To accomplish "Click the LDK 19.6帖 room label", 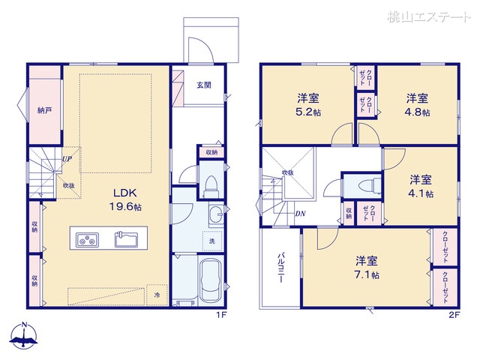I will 124,199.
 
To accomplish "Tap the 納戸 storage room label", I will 45,110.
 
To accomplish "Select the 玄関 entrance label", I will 204,85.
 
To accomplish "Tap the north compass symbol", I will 25,337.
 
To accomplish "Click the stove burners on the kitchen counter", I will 88,240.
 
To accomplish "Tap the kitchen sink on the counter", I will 126,240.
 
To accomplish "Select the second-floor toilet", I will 365,184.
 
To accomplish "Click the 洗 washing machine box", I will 211,241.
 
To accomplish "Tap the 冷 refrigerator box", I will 157,295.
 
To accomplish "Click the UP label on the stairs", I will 67,159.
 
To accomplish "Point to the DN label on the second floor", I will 300,214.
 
